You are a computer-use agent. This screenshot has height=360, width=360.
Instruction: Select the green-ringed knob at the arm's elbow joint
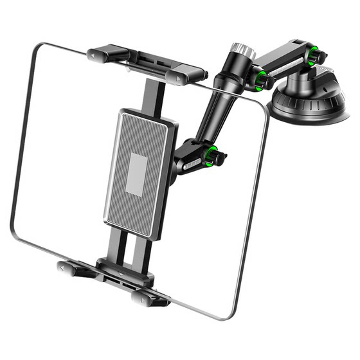(x=261, y=80)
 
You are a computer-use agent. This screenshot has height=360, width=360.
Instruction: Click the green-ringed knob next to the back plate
(x=214, y=156)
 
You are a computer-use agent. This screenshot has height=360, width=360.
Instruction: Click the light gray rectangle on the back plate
(x=137, y=174)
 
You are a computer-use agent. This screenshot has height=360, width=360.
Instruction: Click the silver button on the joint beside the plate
(x=191, y=166)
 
